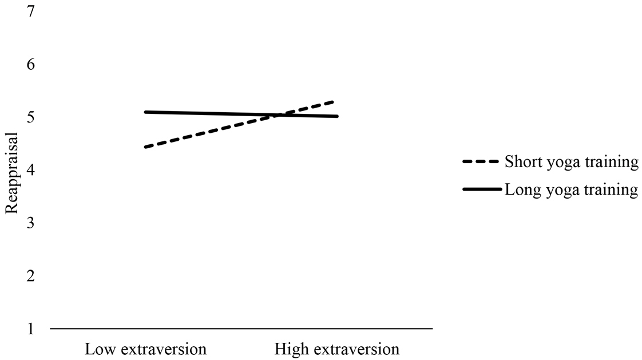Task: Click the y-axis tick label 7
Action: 31,11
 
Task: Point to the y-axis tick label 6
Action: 31,64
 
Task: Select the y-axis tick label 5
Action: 31,117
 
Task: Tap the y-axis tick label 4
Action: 31,170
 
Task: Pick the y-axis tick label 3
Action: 31,223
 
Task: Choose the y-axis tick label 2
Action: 31,276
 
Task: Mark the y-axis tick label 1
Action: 31,329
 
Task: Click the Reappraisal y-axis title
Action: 11,172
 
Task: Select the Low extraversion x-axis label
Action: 146,349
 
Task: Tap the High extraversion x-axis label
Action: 337,349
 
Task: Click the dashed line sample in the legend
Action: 481,162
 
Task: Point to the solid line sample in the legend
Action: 482,189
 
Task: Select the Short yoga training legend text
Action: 571,162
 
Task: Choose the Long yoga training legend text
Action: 571,189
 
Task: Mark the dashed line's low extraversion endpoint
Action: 146,147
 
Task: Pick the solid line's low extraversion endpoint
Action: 146,112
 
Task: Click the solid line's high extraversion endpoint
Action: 337,116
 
